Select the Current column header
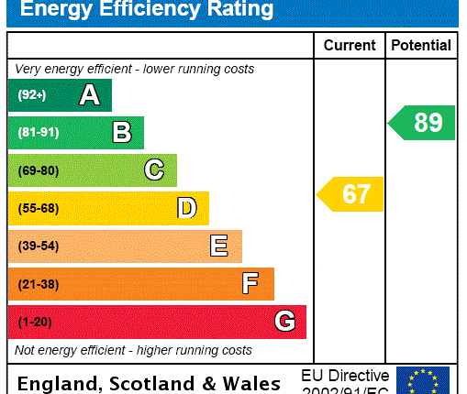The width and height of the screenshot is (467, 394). pyautogui.click(x=350, y=45)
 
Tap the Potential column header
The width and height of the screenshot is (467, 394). pyautogui.click(x=421, y=45)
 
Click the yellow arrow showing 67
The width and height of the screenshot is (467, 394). pyautogui.click(x=350, y=194)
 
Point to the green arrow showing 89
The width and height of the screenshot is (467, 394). pyautogui.click(x=422, y=123)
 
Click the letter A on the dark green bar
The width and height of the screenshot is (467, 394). pyautogui.click(x=89, y=95)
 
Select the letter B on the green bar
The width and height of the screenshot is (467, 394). pyautogui.click(x=121, y=133)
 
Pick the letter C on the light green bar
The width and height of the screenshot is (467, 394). pyautogui.click(x=154, y=170)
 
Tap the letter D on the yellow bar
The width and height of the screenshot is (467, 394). pyautogui.click(x=186, y=208)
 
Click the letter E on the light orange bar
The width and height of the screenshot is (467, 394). pyautogui.click(x=218, y=246)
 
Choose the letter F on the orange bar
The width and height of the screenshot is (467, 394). pyautogui.click(x=250, y=284)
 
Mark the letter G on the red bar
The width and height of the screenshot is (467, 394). pyautogui.click(x=284, y=322)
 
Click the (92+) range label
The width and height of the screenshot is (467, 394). pyautogui.click(x=31, y=95)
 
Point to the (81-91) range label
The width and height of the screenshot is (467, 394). pyautogui.click(x=38, y=133)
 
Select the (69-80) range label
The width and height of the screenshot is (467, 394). pyautogui.click(x=38, y=170)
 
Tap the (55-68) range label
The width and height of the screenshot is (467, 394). pyautogui.click(x=38, y=208)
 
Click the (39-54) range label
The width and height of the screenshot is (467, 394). pyautogui.click(x=38, y=246)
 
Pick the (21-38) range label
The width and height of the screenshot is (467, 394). pyautogui.click(x=38, y=284)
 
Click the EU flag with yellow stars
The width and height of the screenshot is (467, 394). pyautogui.click(x=422, y=380)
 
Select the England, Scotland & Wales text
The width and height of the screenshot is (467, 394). pyautogui.click(x=149, y=383)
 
